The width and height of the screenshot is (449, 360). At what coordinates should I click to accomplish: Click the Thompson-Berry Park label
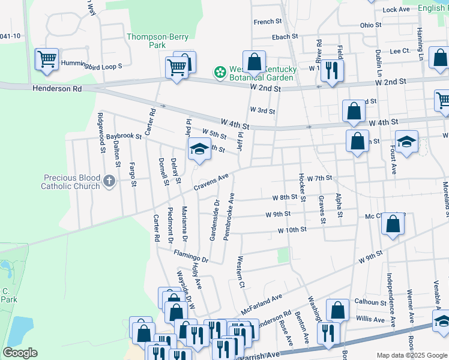click(x=146, y=41)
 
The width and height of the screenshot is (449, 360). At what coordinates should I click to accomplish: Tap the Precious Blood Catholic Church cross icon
click(x=109, y=181)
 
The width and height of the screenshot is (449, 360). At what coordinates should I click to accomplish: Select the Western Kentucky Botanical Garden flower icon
click(x=220, y=73)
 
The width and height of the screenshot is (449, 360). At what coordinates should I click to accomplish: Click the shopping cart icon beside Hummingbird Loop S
click(x=47, y=60)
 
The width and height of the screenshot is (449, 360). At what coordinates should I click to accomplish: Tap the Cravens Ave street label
click(x=211, y=183)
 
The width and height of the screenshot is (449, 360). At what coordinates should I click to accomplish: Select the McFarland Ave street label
click(x=261, y=305)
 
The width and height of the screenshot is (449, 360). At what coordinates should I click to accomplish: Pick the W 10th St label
click(x=292, y=230)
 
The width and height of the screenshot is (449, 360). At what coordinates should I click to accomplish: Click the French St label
click(x=268, y=22)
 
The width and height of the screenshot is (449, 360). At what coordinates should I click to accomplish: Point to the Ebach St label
click(x=285, y=37)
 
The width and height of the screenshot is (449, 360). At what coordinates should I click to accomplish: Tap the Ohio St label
click(x=370, y=25)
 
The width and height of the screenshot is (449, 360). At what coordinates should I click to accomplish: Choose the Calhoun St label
click(x=370, y=302)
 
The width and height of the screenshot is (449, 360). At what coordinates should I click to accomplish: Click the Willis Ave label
click(x=370, y=319)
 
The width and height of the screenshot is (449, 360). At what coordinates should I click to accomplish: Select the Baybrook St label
click(x=124, y=137)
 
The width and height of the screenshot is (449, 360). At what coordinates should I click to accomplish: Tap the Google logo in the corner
click(x=20, y=353)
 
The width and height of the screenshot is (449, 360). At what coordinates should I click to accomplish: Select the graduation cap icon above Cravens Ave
click(x=199, y=150)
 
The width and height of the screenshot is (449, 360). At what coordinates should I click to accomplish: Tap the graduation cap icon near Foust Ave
click(x=406, y=142)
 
